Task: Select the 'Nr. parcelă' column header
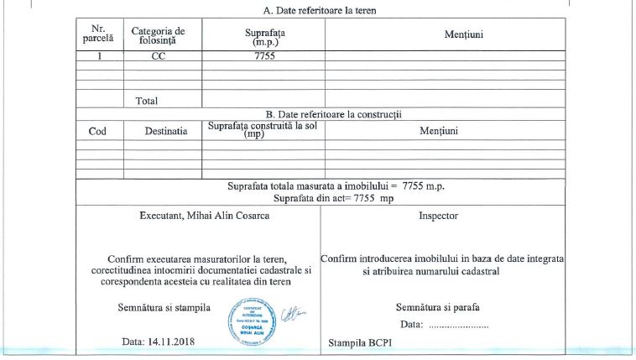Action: click(x=99, y=34)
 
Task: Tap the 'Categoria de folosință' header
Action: click(x=158, y=34)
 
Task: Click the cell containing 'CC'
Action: click(x=158, y=56)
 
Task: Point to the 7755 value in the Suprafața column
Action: click(x=264, y=56)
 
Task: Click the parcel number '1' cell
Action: click(x=99, y=56)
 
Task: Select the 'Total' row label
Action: click(x=146, y=101)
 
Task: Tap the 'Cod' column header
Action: click(x=97, y=131)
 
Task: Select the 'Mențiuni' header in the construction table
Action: click(x=438, y=131)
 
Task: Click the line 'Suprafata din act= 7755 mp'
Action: click(x=333, y=198)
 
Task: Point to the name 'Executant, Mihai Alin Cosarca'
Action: click(x=205, y=216)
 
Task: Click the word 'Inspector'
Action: click(x=438, y=216)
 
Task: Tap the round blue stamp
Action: click(x=253, y=322)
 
